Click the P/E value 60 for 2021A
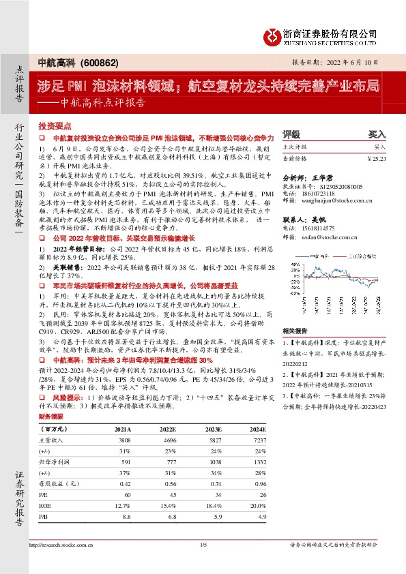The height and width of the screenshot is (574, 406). point(125,494)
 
